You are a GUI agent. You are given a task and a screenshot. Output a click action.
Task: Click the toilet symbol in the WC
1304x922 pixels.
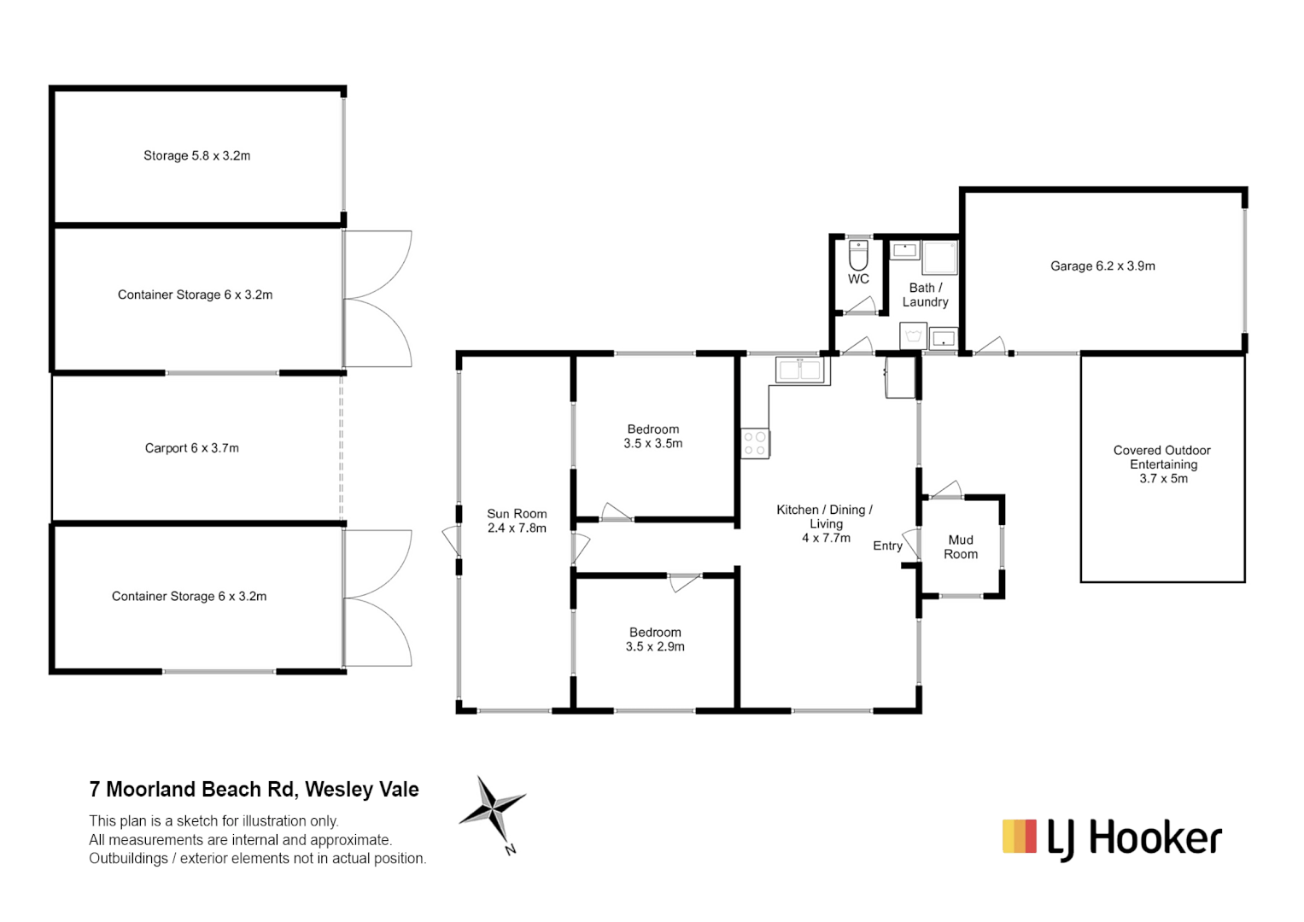pos(858,255)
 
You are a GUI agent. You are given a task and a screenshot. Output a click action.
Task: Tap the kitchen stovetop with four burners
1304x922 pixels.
pos(755,444)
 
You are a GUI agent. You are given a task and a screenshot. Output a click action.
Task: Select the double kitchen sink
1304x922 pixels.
pos(800,371)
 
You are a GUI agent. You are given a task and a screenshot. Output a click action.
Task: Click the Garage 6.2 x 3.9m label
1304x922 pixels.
pos(1102,266)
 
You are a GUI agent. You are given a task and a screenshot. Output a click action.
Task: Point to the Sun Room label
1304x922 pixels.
pos(517,514)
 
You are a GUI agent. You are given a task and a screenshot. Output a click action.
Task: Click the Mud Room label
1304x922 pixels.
pos(961,547)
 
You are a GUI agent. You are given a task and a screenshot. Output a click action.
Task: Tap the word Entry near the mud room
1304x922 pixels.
pos(887,546)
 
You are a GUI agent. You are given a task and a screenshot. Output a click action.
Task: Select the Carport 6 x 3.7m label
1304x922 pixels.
pos(192,448)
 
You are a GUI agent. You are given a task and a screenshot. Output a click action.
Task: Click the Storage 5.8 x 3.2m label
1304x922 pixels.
pos(196,156)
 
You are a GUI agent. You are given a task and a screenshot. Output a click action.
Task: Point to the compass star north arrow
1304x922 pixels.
pos(493,806)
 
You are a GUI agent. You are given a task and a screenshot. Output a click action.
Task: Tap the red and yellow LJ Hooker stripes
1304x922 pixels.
pos(1020,837)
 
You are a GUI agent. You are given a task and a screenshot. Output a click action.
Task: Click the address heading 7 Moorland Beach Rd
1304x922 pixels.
pos(254,790)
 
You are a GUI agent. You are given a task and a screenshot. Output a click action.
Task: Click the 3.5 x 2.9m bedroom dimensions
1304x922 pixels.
pos(655,647)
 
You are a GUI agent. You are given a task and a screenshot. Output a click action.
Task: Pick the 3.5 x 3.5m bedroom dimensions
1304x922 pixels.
pos(653,444)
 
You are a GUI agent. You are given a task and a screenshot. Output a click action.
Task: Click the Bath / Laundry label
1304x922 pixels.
pos(925,295)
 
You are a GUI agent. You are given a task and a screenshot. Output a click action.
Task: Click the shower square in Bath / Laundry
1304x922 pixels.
pos(940,257)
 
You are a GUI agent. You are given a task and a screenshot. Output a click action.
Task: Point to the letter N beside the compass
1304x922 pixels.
pos(511,849)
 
